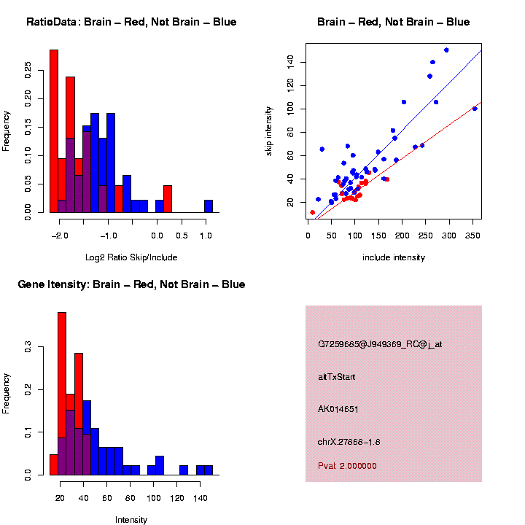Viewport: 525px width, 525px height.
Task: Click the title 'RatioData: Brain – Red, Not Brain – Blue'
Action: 131,22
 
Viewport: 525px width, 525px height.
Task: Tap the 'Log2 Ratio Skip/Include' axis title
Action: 131,257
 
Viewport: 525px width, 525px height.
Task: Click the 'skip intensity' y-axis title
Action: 269,131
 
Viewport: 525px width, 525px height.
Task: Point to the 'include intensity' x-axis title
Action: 394,257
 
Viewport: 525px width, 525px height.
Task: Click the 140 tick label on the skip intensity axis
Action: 290,62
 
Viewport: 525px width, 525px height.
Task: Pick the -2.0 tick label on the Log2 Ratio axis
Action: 60,236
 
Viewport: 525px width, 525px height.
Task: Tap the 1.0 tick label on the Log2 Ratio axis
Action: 205,236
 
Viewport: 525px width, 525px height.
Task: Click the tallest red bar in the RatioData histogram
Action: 54,131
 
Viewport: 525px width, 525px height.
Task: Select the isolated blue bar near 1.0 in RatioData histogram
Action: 209,206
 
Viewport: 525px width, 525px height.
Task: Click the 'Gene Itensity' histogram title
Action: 131,284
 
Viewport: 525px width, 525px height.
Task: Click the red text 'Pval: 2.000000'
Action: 348,466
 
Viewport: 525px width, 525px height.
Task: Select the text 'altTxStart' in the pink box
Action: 337,377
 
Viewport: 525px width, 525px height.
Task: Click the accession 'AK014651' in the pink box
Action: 338,409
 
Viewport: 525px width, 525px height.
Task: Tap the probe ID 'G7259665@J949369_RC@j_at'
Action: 380,344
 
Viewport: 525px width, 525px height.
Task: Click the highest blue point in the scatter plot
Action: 446,50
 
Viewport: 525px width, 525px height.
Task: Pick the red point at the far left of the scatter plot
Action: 313,212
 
